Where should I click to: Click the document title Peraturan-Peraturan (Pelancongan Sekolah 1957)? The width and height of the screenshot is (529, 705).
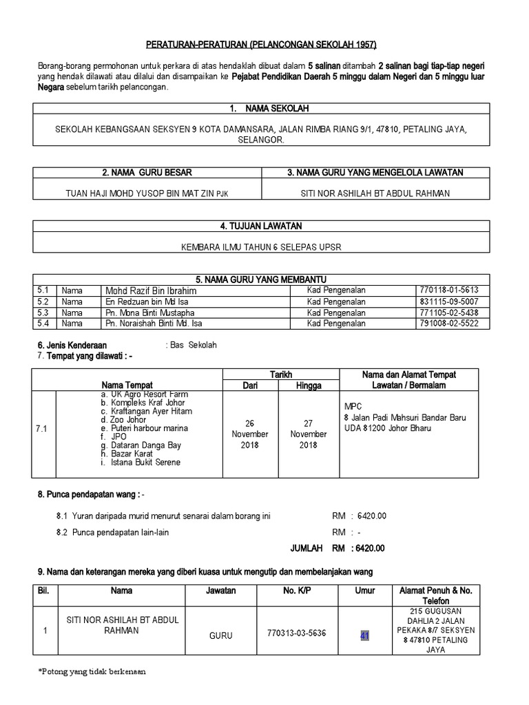coord(262,45)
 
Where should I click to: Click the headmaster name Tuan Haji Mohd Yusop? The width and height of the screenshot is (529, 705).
coord(147,193)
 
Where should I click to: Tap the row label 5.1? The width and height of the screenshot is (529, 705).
coord(44,291)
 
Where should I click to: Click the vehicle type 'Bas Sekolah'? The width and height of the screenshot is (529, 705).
coord(191,345)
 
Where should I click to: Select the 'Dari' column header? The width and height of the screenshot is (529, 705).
coord(250,386)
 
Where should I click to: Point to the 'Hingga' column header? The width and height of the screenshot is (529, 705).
coord(309,386)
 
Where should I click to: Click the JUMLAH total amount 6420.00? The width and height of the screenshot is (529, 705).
coord(369,548)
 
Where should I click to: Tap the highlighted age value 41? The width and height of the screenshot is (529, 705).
coord(365,635)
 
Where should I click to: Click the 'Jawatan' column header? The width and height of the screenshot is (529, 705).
coord(220,591)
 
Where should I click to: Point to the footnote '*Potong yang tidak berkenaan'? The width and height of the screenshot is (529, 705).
coord(92,671)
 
